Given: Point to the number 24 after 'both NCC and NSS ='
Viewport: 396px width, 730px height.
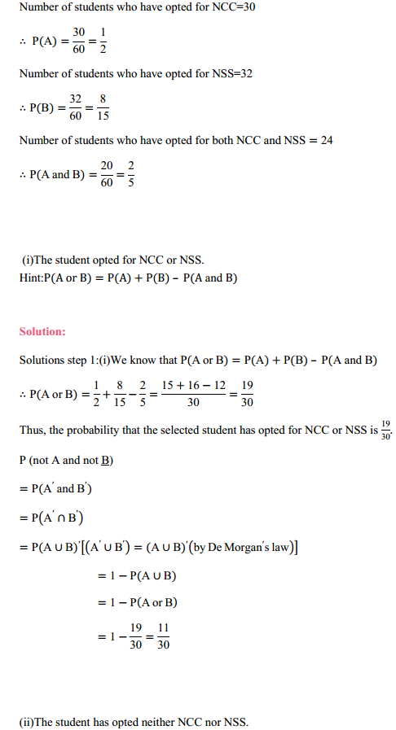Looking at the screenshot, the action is tap(323, 141).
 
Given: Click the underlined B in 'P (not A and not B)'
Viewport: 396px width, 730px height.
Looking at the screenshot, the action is tap(106, 461).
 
